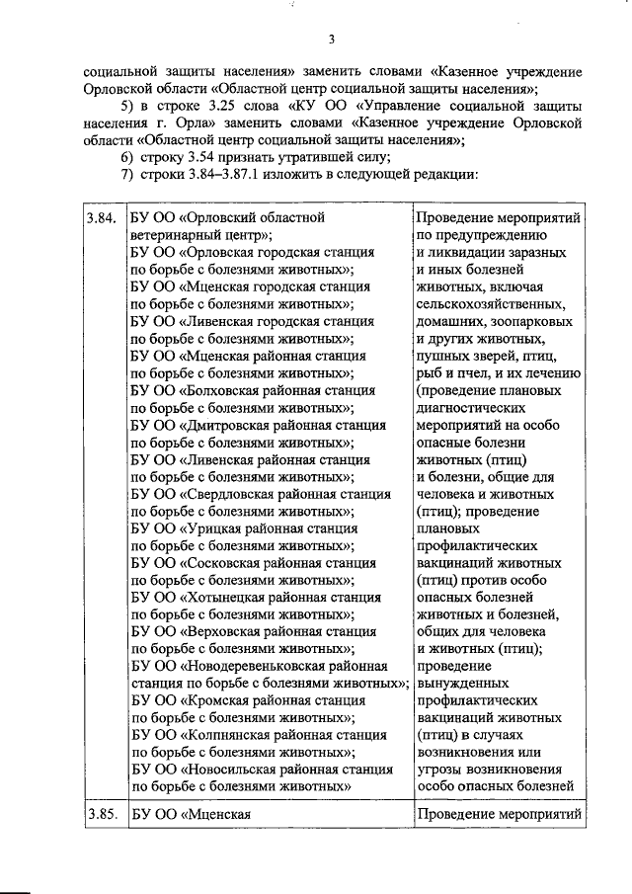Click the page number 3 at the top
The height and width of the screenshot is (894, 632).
(x=332, y=40)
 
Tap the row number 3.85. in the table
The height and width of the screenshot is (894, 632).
(x=102, y=815)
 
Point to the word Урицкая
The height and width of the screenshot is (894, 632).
(x=218, y=528)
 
